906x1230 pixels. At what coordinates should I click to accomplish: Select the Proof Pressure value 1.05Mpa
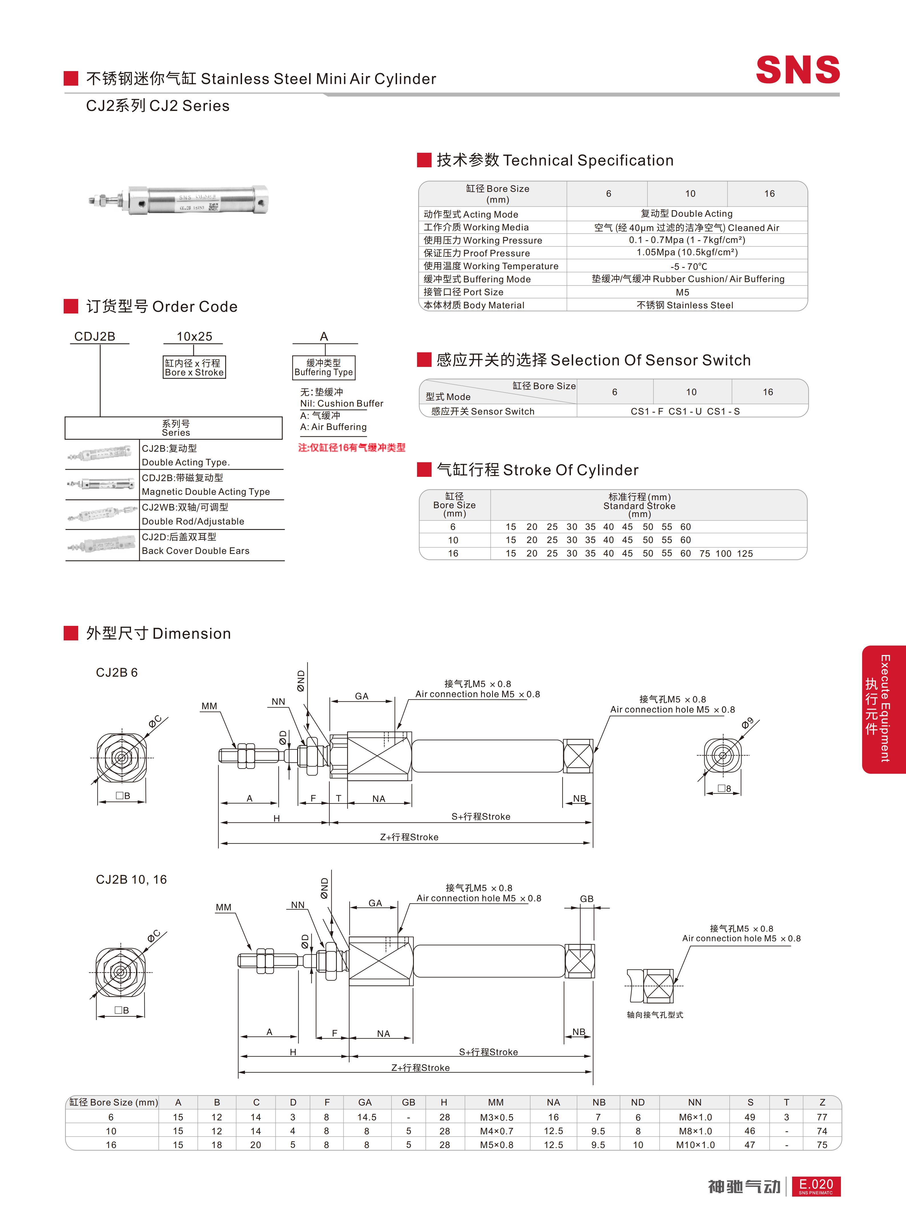click(x=687, y=252)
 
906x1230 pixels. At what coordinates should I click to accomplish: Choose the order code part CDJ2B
click(x=95, y=336)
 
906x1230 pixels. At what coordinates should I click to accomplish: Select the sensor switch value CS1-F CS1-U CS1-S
click(x=685, y=411)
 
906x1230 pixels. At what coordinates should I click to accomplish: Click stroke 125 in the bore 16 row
click(x=745, y=554)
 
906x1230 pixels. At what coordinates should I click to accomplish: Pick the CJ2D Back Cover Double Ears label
click(x=195, y=544)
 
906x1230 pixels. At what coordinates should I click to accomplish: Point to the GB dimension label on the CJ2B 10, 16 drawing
click(x=587, y=899)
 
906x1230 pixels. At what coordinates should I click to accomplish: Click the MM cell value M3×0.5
click(x=496, y=1117)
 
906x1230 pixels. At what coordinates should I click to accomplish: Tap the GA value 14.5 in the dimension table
click(x=367, y=1117)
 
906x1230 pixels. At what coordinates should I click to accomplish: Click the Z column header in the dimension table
click(x=822, y=1102)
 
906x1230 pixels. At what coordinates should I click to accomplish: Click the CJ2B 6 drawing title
click(x=117, y=673)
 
